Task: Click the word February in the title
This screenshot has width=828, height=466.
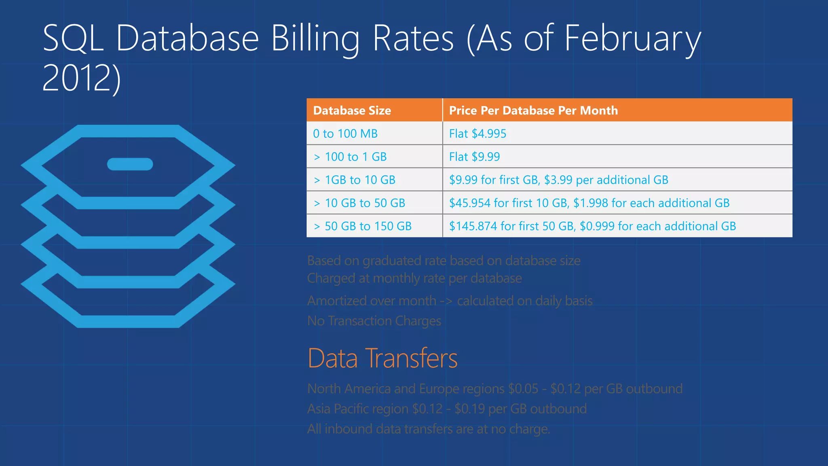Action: click(x=632, y=39)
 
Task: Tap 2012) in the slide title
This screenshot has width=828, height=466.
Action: click(x=81, y=78)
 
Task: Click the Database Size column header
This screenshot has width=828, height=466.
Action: click(x=352, y=110)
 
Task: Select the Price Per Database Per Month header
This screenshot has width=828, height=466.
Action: click(x=533, y=110)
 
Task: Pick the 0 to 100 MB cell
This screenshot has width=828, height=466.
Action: click(x=345, y=133)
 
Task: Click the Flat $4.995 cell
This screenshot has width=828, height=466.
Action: click(x=477, y=133)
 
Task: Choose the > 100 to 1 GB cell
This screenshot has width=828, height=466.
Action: click(x=350, y=157)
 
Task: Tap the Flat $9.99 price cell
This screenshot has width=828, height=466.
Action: click(x=474, y=157)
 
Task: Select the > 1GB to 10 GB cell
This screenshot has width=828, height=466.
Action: click(x=355, y=180)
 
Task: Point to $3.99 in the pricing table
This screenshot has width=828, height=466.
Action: click(x=558, y=180)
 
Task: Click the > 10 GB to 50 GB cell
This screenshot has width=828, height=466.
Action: click(x=359, y=203)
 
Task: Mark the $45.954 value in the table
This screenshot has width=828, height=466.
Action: click(x=470, y=203)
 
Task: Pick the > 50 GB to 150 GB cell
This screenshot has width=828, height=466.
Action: click(x=363, y=226)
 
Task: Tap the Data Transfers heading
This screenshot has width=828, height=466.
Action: click(x=382, y=358)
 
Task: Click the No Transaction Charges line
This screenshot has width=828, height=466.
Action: click(x=374, y=321)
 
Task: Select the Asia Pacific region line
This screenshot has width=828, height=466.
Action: click(x=447, y=409)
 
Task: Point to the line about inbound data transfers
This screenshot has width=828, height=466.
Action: click(x=429, y=429)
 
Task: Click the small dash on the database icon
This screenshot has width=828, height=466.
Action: click(x=130, y=164)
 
